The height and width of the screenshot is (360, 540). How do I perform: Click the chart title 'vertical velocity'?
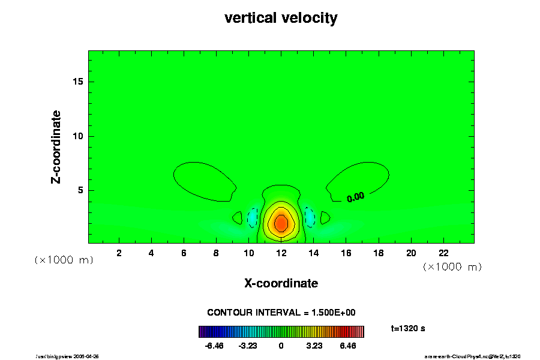281,19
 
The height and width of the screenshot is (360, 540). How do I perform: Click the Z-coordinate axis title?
56,146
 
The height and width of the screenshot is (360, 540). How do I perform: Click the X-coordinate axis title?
281,283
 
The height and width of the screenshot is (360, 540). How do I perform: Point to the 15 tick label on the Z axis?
77,82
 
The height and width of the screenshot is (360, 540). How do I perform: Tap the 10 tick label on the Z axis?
77,137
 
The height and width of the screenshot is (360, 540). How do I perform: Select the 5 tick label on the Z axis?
79,191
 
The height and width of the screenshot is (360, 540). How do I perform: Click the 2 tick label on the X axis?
119,253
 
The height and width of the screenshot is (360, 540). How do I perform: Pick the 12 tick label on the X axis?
281,253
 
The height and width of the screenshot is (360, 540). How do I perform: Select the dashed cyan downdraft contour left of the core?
253,217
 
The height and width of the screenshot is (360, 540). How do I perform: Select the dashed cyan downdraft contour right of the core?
310,217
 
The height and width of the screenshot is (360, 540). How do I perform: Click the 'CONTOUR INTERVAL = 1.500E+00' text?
281,313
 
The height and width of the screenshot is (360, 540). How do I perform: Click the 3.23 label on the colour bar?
314,346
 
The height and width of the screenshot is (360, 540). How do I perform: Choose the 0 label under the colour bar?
281,346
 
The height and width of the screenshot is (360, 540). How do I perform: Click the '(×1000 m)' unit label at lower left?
64,260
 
